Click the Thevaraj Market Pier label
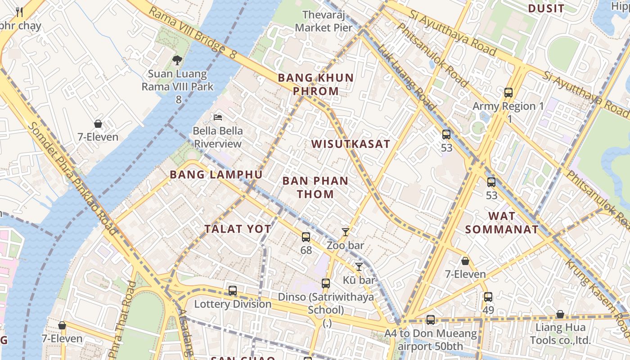[324, 21]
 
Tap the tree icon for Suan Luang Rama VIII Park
[178, 60]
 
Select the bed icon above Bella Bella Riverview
[218, 117]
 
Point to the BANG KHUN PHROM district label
[315, 84]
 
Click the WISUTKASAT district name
[351, 144]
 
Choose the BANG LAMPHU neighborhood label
[216, 175]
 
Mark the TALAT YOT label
[238, 229]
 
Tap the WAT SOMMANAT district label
[501, 223]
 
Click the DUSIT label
[546, 9]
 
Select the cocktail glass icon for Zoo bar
[345, 232]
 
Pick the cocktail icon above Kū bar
[359, 267]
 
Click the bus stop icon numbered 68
[306, 237]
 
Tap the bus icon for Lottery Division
[233, 291]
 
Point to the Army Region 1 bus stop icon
[508, 93]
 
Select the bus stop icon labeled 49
[488, 297]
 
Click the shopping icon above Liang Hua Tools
[560, 314]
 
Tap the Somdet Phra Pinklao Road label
[72, 178]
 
